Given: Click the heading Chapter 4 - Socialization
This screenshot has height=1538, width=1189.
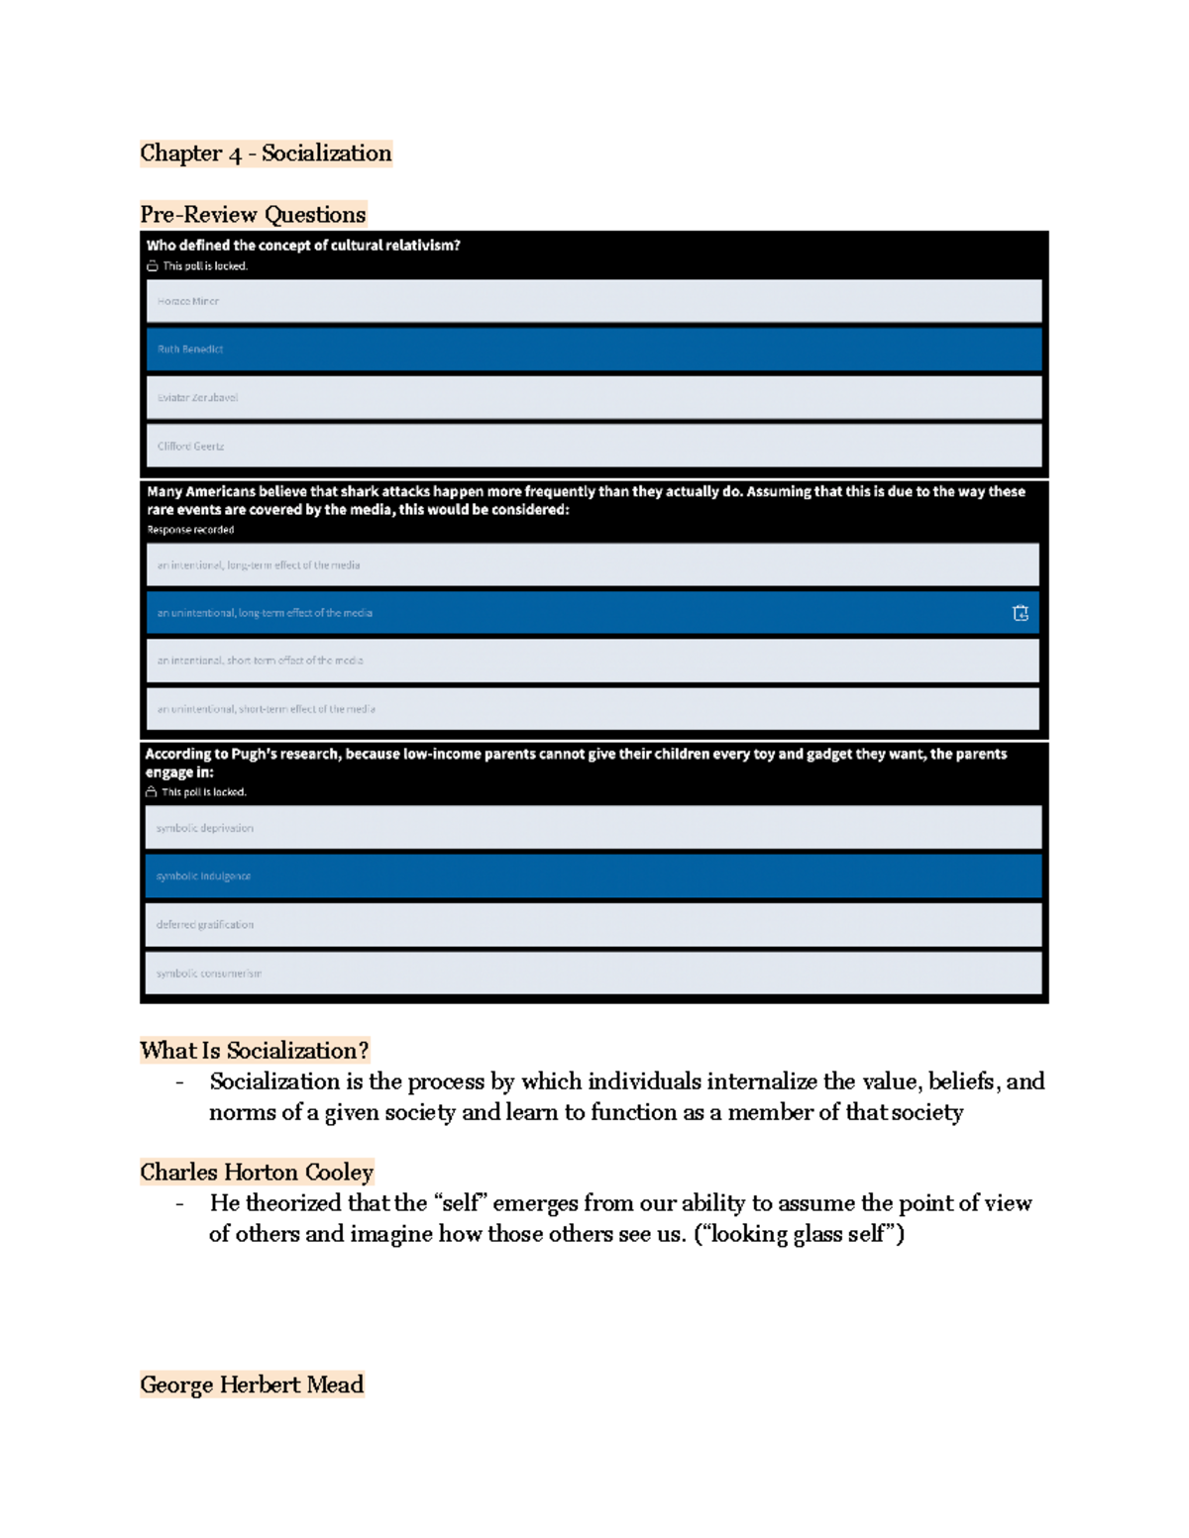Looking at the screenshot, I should click(266, 154).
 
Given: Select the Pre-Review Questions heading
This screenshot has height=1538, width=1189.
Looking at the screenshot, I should click(253, 215).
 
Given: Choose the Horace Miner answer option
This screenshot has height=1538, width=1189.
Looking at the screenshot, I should click(594, 301).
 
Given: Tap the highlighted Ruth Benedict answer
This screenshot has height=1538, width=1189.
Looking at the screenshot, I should click(594, 350).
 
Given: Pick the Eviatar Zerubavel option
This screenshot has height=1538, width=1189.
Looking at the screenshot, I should click(594, 398).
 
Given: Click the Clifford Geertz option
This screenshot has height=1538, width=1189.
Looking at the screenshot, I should click(594, 447).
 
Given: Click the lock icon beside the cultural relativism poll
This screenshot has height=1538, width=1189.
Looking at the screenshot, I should click(153, 266).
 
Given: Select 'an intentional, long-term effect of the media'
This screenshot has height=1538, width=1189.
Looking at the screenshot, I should click(593, 565).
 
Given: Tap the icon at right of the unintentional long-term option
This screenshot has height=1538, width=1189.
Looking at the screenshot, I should click(1021, 613).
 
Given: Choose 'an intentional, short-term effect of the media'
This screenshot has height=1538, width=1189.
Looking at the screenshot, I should click(593, 661).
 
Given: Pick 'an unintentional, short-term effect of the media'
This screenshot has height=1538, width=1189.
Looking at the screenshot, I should click(593, 709).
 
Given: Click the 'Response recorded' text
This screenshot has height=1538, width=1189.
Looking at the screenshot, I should click(190, 530).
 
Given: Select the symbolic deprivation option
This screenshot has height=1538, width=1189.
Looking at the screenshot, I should click(593, 828).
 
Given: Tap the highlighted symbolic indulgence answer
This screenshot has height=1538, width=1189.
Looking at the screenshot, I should click(593, 876).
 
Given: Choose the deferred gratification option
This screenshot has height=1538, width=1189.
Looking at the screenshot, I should click(593, 925).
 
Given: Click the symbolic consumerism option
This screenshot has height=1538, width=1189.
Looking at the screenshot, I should click(593, 974).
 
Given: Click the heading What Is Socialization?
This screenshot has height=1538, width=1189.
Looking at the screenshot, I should click(255, 1051).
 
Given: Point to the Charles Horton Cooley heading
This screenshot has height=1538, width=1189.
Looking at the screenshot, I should click(257, 1173).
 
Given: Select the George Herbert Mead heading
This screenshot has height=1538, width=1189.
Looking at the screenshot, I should click(252, 1384).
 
